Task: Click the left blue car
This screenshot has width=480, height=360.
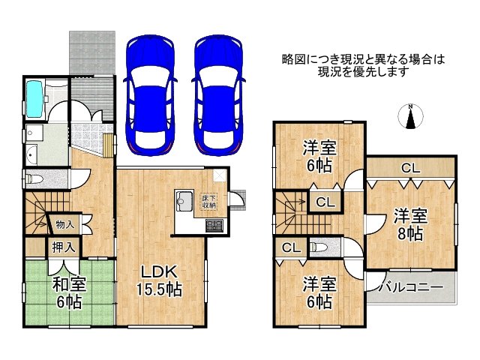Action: [x=150, y=95]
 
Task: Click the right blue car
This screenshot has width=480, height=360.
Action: [x=218, y=95]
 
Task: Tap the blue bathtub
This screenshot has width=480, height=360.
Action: [x=34, y=98]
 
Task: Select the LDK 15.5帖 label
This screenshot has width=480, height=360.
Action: [x=159, y=280]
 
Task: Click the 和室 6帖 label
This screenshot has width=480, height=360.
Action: [x=69, y=293]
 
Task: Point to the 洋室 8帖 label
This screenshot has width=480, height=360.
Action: [x=410, y=224]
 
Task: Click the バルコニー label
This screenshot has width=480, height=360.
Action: [x=411, y=287]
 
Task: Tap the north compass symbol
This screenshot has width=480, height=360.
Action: [x=410, y=117]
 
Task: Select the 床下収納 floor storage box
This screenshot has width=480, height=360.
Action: [x=209, y=201]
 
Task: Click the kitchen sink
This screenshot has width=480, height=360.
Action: [x=184, y=201]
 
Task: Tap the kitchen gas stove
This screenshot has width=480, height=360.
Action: [x=214, y=226]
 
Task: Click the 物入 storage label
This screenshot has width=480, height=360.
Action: [x=65, y=225]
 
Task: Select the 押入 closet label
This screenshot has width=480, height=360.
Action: [x=63, y=247]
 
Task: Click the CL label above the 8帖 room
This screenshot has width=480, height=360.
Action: [x=410, y=168]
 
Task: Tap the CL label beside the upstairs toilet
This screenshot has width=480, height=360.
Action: [x=291, y=247]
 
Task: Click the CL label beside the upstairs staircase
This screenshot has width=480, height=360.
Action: [x=325, y=202]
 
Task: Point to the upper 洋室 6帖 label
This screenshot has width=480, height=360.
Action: [x=319, y=157]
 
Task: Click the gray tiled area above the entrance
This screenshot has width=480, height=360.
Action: [x=92, y=52]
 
